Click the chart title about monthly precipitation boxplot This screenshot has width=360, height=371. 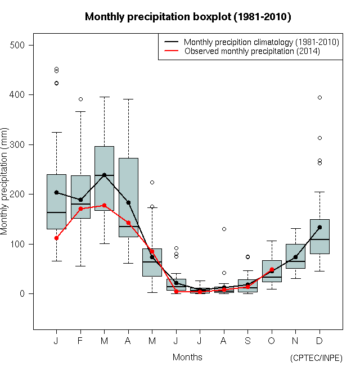(x=188, y=17)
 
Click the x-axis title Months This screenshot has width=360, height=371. (x=187, y=357)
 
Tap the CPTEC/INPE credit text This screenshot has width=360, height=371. (x=316, y=358)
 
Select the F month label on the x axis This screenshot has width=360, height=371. (x=80, y=341)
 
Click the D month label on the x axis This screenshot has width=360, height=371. (x=319, y=341)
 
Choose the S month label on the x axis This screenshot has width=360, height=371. (x=247, y=341)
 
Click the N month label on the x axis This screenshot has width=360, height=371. (x=295, y=341)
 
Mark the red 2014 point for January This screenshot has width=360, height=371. (x=56, y=238)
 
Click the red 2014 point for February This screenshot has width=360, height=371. (x=80, y=209)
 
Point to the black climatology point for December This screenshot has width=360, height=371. (x=319, y=228)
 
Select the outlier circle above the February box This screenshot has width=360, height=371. (x=80, y=99)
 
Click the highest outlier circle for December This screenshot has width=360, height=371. (x=319, y=97)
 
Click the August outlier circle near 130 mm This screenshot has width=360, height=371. (x=224, y=229)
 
